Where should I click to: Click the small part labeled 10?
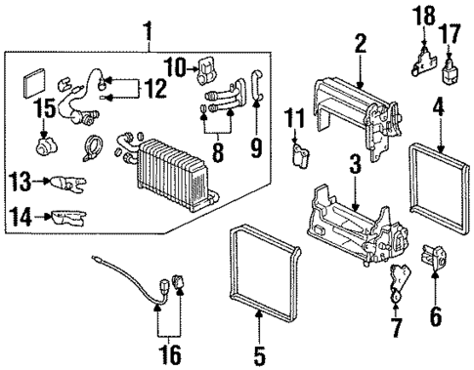(207, 69)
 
